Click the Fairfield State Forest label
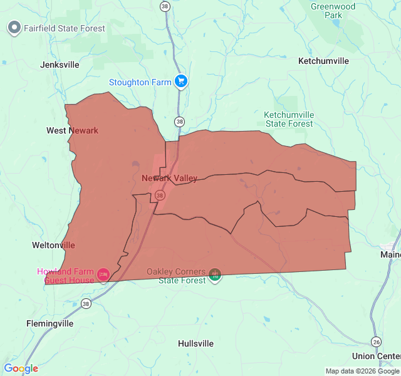(65, 28)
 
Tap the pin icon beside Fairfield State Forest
(14, 28)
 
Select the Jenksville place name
(60, 65)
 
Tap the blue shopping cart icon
(181, 81)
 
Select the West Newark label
(72, 130)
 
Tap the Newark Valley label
(169, 179)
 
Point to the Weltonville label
(53, 245)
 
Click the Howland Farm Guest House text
(65, 276)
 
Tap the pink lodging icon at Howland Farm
(103, 274)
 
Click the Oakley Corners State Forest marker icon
(215, 274)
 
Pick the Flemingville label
(49, 324)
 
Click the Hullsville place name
(195, 343)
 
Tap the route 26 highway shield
(376, 342)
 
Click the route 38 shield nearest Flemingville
(86, 304)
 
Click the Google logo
(21, 368)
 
